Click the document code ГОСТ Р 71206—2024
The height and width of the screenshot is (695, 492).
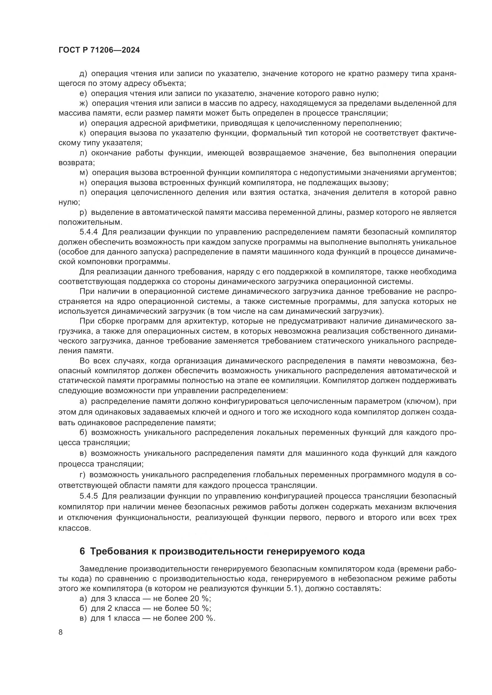coord(99,50)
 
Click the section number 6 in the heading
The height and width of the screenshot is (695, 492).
coord(82,551)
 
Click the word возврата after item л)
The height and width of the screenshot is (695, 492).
coord(76,163)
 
